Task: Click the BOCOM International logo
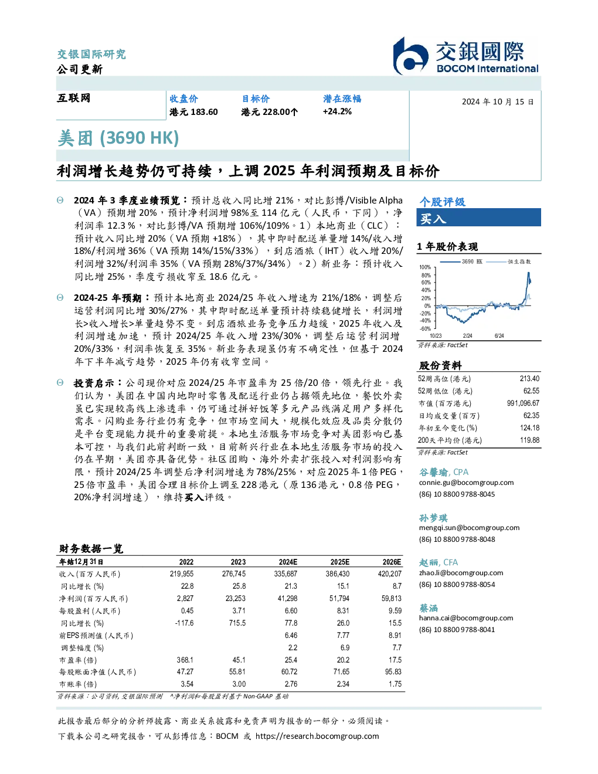tap(466, 56)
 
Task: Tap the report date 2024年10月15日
tap(498, 102)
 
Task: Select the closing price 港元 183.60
tap(193, 112)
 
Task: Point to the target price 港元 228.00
tap(269, 112)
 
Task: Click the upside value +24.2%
tap(337, 112)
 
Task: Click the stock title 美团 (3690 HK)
tap(118, 138)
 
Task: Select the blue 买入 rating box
tap(478, 218)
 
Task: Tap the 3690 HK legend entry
tap(461, 262)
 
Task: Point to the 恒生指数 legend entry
tap(509, 262)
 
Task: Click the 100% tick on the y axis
tap(425, 267)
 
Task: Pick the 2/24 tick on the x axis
tap(467, 336)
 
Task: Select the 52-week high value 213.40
tap(529, 379)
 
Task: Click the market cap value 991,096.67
tap(523, 403)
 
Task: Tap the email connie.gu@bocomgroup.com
tap(466, 483)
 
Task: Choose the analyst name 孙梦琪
tap(433, 518)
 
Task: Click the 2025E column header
tap(339, 562)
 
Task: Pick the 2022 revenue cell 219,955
tap(182, 574)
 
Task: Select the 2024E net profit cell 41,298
tap(287, 599)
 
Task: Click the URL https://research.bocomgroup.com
tap(317, 736)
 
